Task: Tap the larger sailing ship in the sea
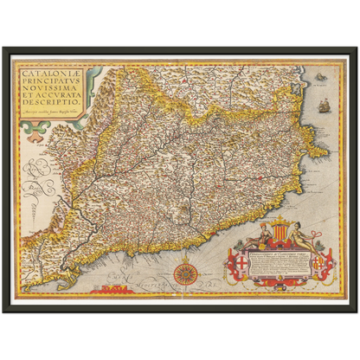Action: [x=324, y=106]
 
